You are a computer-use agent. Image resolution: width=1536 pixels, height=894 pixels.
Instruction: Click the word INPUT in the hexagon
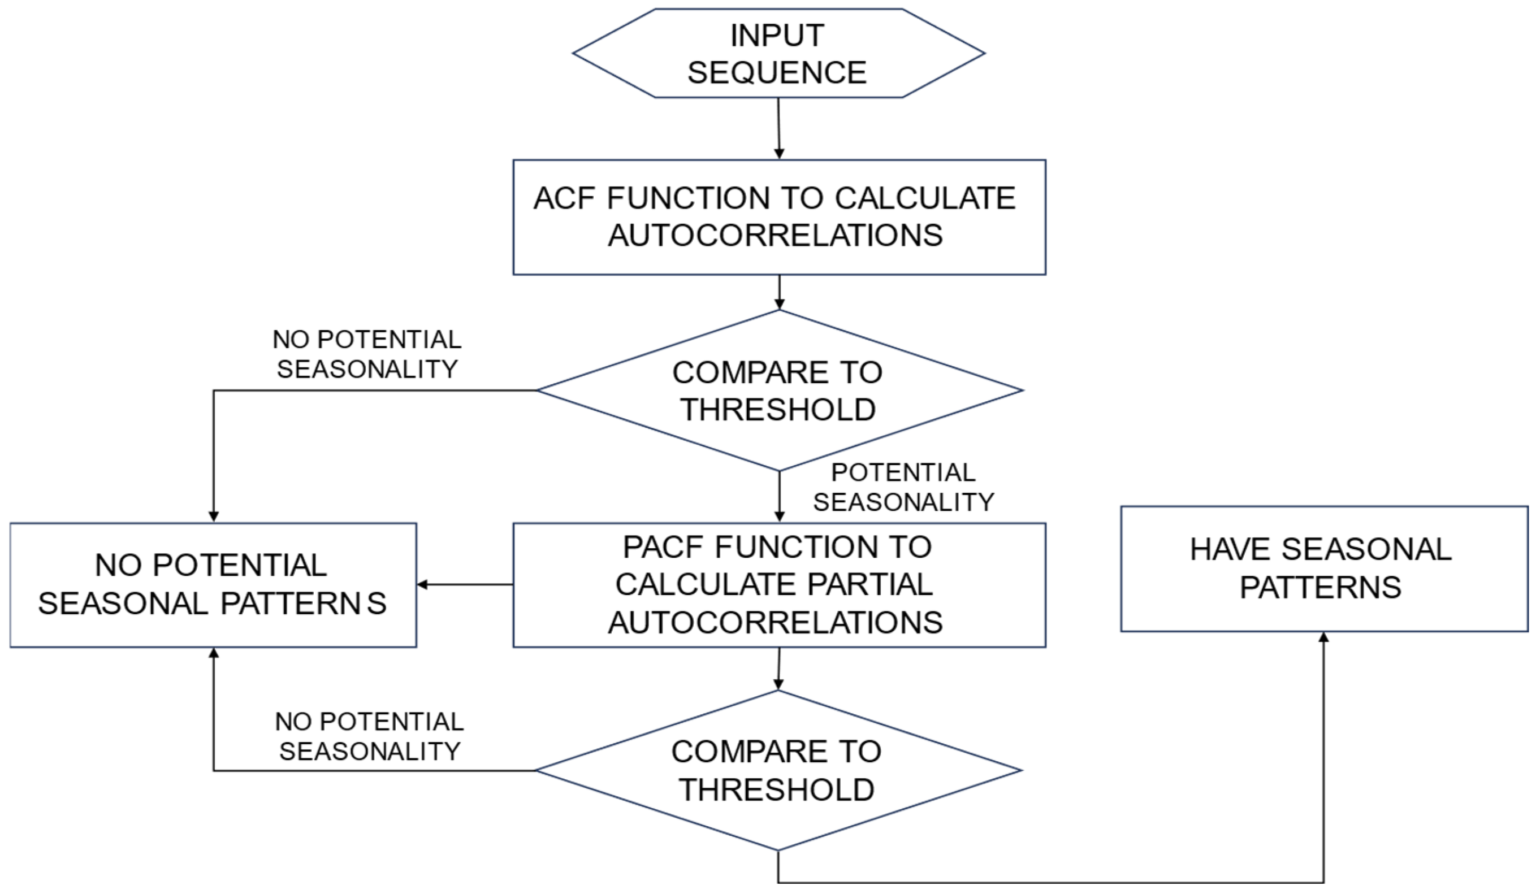tap(777, 36)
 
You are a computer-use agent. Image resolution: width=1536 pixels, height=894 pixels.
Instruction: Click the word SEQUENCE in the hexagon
tap(777, 72)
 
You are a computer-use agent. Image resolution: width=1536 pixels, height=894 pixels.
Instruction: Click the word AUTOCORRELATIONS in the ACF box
tap(775, 235)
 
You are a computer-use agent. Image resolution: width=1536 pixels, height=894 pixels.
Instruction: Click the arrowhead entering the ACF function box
tap(779, 153)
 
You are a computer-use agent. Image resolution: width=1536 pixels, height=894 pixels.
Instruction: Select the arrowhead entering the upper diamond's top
tap(779, 303)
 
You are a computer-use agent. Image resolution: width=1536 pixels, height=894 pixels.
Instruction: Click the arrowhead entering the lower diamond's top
tap(778, 684)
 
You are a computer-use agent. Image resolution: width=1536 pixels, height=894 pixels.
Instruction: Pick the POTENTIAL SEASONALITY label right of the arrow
tap(903, 487)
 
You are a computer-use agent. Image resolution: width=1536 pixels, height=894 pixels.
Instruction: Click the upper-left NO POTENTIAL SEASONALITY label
tap(367, 354)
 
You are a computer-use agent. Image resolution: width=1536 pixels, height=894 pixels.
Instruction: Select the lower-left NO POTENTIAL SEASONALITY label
tap(369, 736)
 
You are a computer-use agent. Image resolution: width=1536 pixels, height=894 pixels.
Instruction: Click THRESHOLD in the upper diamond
tap(778, 410)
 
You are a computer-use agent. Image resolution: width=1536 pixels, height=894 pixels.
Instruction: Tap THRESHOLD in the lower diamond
tap(777, 790)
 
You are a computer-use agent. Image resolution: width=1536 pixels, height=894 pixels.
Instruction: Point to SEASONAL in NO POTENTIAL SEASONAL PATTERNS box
tap(123, 604)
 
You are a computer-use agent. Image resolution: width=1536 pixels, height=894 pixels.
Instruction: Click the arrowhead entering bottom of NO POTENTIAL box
tap(213, 654)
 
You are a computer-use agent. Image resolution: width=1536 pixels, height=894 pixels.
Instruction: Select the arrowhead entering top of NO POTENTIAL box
tap(213, 515)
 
